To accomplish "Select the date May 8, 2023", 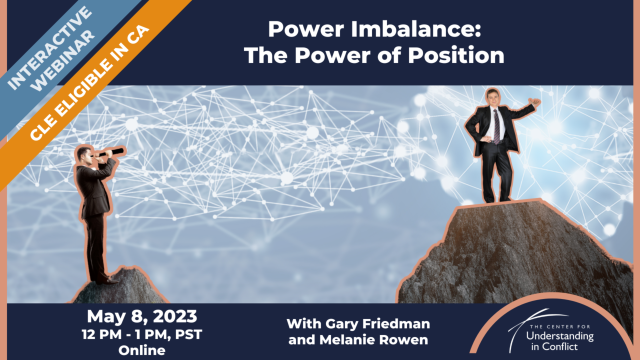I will click(142, 316).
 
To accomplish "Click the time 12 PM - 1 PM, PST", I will click(142, 334).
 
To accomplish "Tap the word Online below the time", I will click(142, 350).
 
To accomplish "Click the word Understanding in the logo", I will click(560, 336).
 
